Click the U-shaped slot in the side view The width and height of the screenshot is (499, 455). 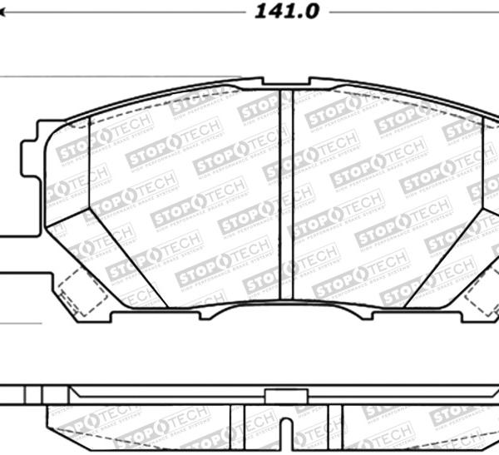(x=285, y=433)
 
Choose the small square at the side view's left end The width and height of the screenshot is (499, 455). (x=32, y=395)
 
